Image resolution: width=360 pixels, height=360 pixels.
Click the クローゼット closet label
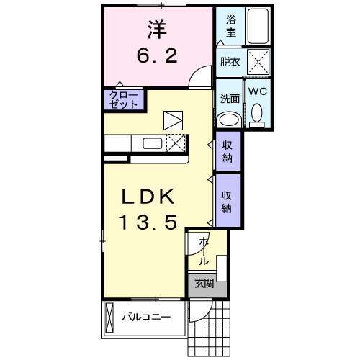pos(124,99)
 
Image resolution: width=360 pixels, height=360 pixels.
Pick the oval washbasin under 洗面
pos(230,120)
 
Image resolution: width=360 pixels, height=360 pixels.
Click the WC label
pos(258,91)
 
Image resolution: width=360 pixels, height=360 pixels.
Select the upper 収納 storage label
pos(226,152)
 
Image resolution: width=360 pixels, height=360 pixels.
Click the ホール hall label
pos(204,250)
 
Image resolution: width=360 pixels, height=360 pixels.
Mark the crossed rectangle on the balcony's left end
pos(109,317)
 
